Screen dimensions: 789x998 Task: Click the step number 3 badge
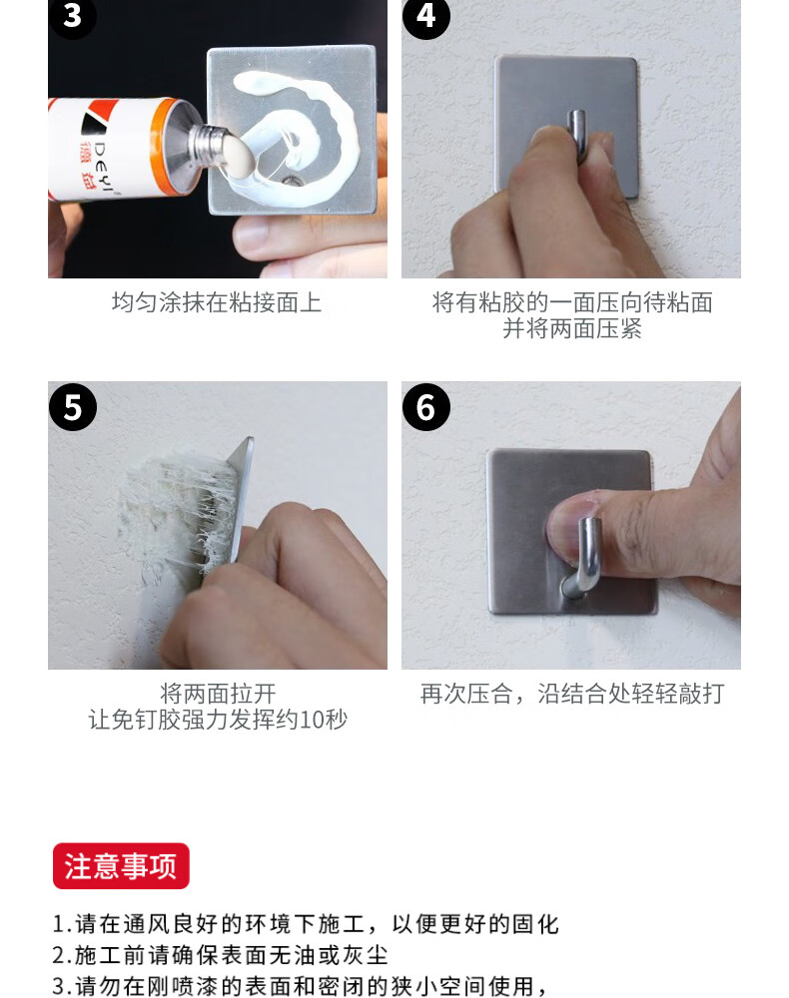tap(72, 16)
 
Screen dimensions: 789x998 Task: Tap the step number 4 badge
tap(426, 16)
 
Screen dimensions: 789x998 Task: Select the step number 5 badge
tap(73, 407)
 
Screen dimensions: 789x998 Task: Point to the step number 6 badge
tap(426, 407)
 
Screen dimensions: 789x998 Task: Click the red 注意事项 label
tap(121, 866)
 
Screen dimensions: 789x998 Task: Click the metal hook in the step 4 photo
tap(577, 135)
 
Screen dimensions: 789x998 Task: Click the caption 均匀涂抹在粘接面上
tap(217, 302)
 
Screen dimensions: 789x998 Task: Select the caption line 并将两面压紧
tap(572, 329)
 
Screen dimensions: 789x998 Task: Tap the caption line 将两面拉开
tap(218, 694)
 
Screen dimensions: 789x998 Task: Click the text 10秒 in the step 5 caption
tap(324, 720)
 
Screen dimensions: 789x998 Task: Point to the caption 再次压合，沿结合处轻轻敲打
tap(572, 694)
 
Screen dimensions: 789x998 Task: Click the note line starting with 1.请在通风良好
tap(306, 924)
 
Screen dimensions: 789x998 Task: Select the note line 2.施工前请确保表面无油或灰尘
tap(221, 955)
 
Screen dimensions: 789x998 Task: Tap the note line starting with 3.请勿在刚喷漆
tap(300, 986)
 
